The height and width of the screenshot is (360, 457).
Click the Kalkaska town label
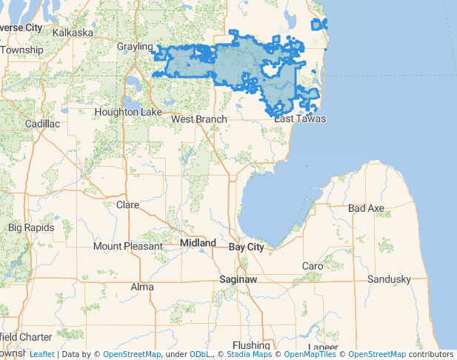click(x=73, y=33)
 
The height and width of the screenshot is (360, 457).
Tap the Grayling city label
click(x=134, y=47)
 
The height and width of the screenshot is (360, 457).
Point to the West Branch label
click(x=199, y=119)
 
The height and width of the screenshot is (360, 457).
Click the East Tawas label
click(x=300, y=119)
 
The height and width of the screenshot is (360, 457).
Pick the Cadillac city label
click(x=42, y=124)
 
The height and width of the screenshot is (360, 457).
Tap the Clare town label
click(x=128, y=204)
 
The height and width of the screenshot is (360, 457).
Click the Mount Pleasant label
click(x=127, y=246)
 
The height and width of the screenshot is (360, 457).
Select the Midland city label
click(x=199, y=243)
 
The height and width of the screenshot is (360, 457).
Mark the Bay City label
click(x=246, y=246)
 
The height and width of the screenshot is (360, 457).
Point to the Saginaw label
click(x=238, y=280)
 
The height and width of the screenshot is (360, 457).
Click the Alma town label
click(x=142, y=287)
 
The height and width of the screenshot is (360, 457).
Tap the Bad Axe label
click(x=366, y=209)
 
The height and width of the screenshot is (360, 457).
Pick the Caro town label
click(x=313, y=266)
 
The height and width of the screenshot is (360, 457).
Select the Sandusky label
click(x=389, y=279)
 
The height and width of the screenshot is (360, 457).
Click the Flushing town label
click(x=251, y=345)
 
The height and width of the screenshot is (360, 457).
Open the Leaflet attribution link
click(x=41, y=355)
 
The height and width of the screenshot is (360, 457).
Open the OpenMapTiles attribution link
click(x=310, y=355)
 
